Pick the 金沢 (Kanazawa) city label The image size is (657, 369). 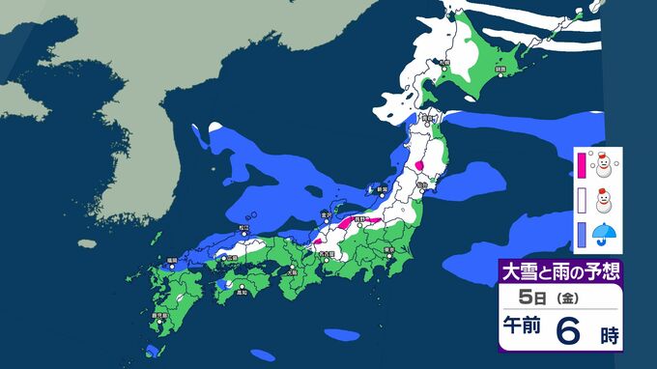(326, 214)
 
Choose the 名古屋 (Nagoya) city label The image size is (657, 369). (328, 254)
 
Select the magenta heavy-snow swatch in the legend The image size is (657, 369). (581, 165)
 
